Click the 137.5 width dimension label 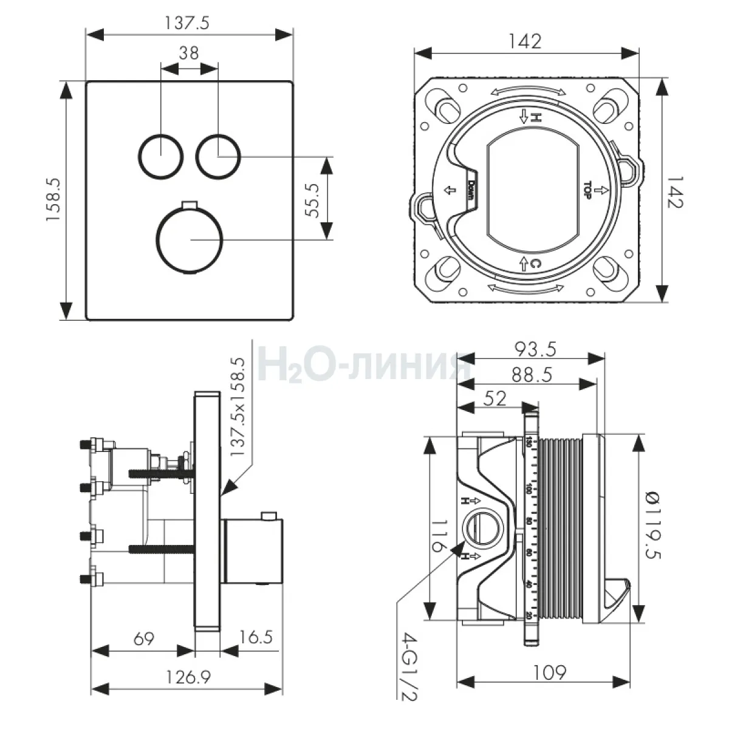click(187, 24)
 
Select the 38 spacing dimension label click(189, 53)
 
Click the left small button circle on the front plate click(160, 156)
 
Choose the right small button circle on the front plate click(218, 156)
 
